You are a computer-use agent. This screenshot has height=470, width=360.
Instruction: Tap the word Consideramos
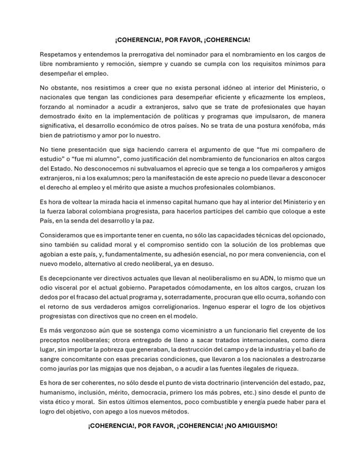pos(64,236)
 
